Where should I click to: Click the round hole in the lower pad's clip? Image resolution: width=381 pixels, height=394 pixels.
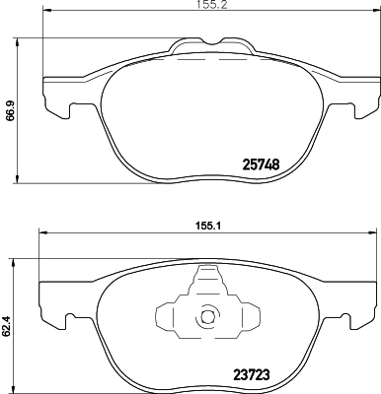click(x=206, y=318)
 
